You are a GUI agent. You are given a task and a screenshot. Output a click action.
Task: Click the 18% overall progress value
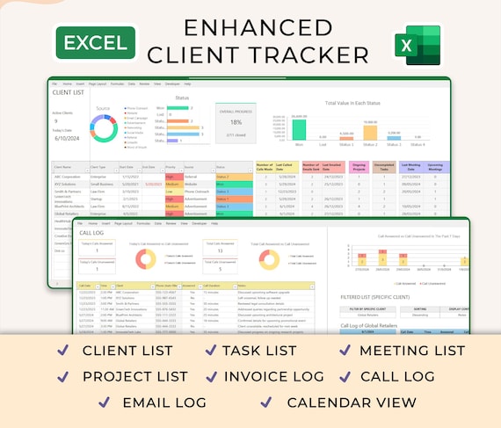point(236,122)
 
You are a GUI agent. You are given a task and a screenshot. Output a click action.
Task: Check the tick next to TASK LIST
point(211,351)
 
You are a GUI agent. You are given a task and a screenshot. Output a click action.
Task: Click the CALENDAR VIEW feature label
point(352,402)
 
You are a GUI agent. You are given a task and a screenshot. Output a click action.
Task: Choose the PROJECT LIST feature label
point(134,376)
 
